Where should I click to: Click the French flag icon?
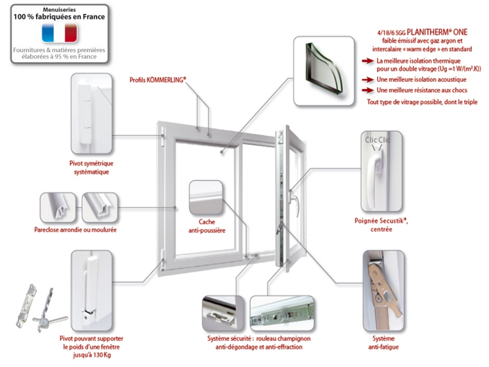coord(60,33)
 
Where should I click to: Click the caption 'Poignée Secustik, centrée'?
coord(381,225)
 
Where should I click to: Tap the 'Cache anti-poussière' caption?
coord(207,226)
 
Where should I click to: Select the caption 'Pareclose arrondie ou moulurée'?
coord(75,230)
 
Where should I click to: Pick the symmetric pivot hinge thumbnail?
coord(91,113)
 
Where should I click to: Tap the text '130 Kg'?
coord(101,355)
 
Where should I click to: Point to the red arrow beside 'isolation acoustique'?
coord(367,80)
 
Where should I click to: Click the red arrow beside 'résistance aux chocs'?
coord(367,90)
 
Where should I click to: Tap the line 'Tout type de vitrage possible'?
coord(422,102)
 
